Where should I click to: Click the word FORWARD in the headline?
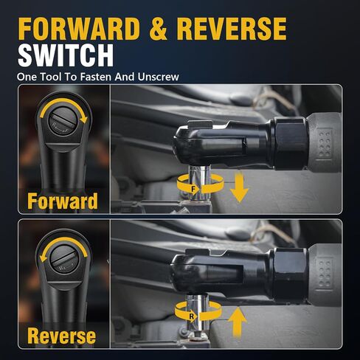(x=79, y=29)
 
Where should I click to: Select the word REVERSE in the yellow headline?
(x=232, y=29)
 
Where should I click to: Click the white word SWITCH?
(x=66, y=55)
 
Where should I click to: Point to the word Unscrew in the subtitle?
(x=158, y=77)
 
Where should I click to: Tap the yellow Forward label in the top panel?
(x=63, y=201)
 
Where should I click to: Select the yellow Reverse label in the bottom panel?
(x=61, y=336)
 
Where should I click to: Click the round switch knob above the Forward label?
(x=63, y=121)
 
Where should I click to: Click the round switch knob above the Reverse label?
(x=64, y=259)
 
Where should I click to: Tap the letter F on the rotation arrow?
(x=193, y=189)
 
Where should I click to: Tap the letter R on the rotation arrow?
(x=192, y=316)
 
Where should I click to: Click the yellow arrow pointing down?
(x=239, y=187)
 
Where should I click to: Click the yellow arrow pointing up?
(x=238, y=322)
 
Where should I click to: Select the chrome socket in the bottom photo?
(x=198, y=312)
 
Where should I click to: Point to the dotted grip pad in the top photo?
(x=325, y=143)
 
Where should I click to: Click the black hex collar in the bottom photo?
(x=290, y=274)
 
